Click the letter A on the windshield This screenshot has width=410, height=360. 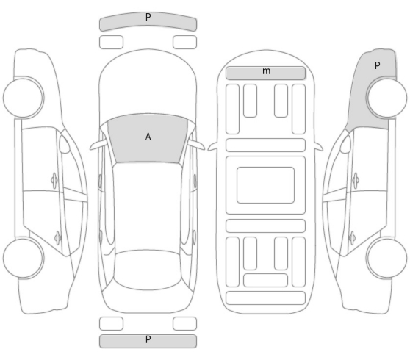coord(148,137)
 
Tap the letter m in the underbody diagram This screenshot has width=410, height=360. coord(266,71)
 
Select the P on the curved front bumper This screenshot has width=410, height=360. coord(148,17)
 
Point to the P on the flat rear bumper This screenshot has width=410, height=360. coord(148,339)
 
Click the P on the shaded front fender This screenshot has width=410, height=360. coord(377,65)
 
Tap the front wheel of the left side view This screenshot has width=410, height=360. coord(24,98)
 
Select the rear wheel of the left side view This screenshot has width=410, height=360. coord(24,258)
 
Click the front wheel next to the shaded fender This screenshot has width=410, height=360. coord(386,98)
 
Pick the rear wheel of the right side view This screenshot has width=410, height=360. coord(386,258)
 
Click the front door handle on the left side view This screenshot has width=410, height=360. coord(54,180)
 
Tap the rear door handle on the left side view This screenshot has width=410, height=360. coord(58,238)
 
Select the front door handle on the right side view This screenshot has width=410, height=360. coord(356,180)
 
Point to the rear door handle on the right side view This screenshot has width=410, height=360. coord(352,238)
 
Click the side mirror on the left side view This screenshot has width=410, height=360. coord(64,144)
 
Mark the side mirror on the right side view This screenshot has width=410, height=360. coord(345,144)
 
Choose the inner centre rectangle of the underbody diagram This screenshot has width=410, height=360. coord(266,185)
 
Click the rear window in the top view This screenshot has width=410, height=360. coord(148,270)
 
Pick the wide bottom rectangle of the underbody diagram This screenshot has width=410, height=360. coord(266,298)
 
